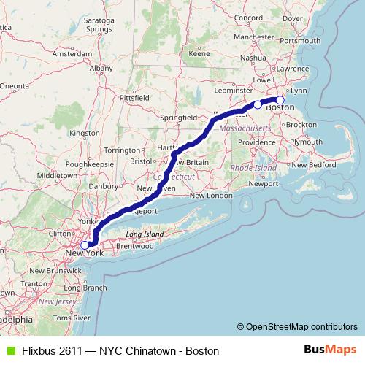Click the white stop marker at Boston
coord(280,100)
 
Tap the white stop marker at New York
coord(85,245)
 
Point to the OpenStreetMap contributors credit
coord(301,326)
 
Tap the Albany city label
coord(101,68)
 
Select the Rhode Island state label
coord(254,167)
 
